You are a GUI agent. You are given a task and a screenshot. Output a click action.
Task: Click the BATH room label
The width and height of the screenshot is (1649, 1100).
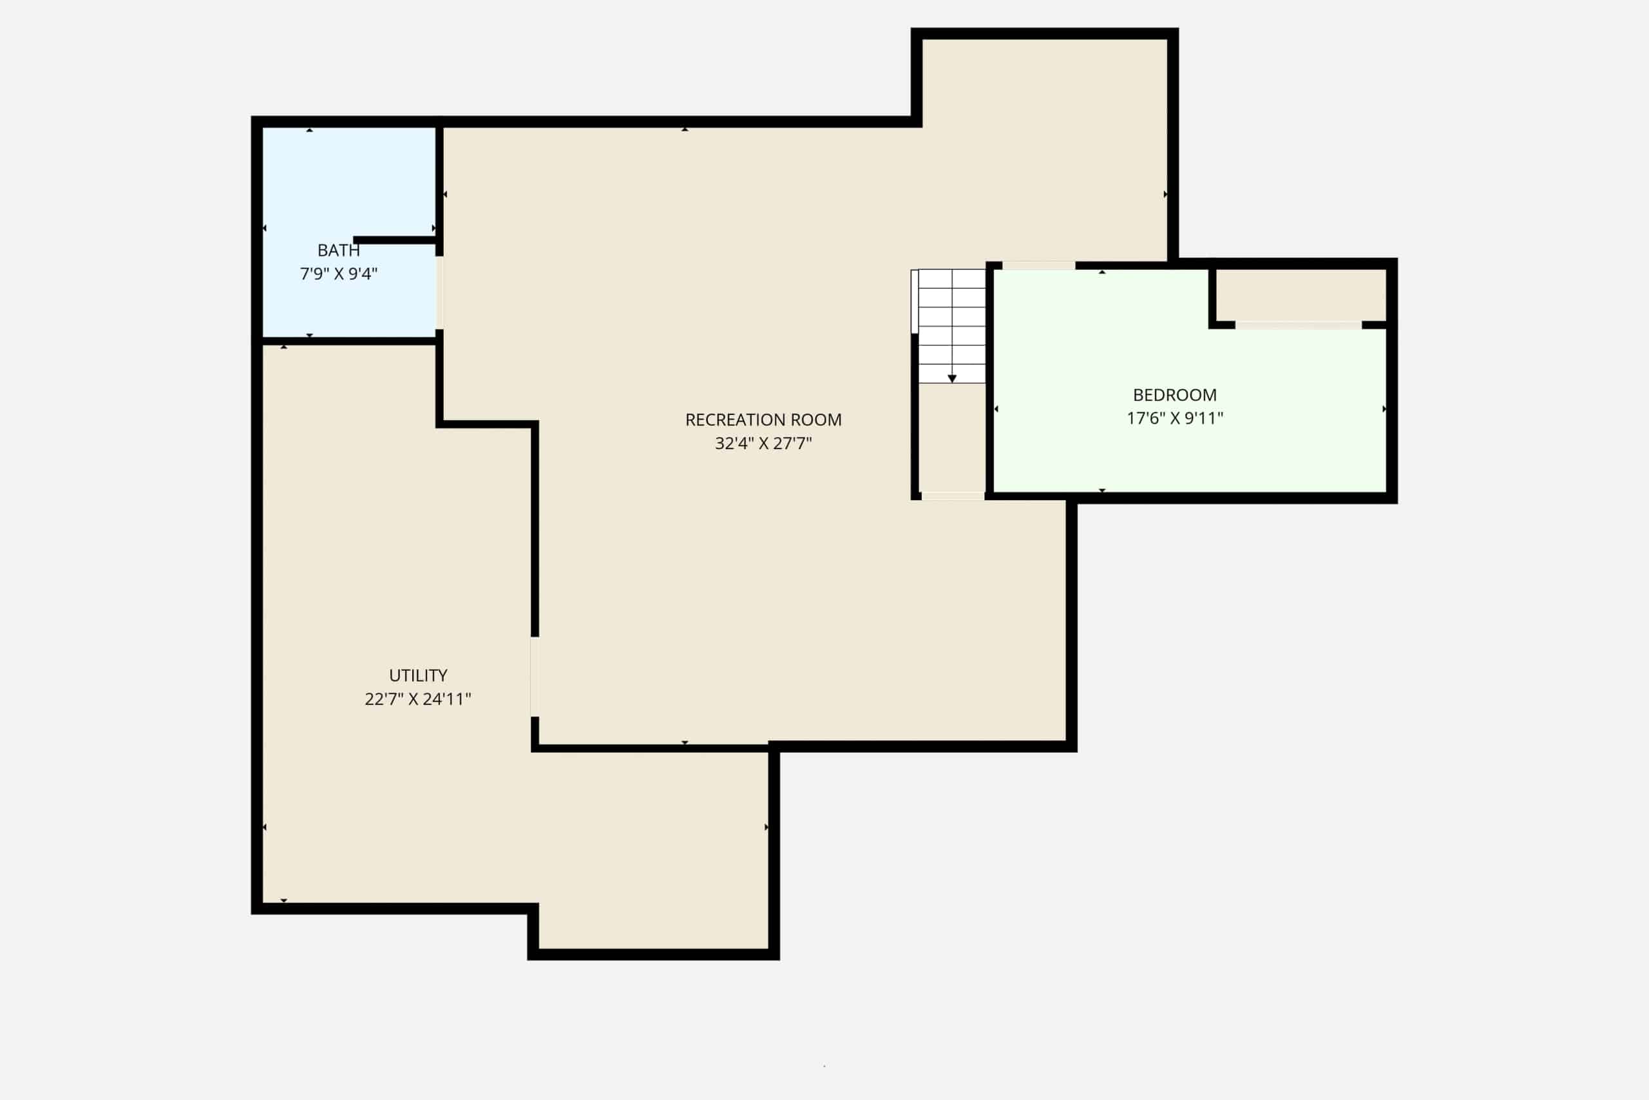339,251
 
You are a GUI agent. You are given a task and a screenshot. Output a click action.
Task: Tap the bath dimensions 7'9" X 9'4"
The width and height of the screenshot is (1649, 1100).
339,274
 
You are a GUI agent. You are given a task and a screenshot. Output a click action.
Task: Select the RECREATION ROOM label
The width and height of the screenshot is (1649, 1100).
763,420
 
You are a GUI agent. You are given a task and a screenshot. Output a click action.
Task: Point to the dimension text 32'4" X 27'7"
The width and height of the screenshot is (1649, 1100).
763,443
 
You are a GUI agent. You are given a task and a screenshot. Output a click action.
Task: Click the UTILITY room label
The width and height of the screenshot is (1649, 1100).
418,675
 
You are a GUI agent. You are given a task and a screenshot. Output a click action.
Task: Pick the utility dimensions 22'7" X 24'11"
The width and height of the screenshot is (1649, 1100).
418,699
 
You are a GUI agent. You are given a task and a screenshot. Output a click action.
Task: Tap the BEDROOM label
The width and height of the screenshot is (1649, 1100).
1175,395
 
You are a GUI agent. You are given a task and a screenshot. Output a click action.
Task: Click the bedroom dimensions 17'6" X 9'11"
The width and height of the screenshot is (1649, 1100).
1175,418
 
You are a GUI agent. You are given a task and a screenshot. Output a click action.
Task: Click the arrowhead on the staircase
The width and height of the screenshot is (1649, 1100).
952,379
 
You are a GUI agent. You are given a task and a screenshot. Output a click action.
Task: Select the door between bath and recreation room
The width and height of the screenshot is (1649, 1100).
439,293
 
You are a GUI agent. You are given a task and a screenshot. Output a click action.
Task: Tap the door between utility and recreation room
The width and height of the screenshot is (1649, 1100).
535,676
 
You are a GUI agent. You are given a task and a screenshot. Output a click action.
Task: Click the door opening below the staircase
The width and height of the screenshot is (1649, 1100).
953,496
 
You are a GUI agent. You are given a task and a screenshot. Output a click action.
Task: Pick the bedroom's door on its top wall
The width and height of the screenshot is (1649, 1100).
1038,265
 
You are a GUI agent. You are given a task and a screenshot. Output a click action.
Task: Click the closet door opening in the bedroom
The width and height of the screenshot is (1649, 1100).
1299,325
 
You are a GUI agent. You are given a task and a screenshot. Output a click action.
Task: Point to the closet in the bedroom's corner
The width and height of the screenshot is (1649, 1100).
1301,294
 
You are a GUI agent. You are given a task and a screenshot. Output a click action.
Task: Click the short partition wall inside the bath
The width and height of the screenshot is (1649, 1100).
396,240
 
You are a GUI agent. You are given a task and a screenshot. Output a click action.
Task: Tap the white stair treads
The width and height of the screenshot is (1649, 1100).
951,326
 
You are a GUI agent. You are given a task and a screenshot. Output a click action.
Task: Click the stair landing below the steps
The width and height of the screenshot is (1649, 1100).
952,438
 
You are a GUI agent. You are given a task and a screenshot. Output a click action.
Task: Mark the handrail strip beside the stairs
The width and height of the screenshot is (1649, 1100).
914,301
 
